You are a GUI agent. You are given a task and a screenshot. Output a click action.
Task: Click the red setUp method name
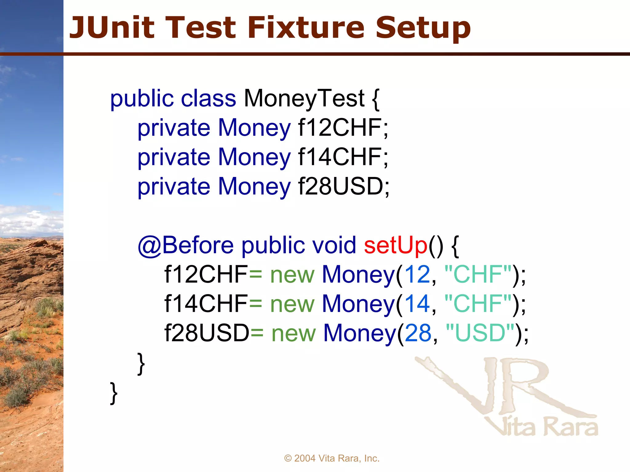[396, 245]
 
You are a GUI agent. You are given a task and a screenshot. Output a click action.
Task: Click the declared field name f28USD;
[344, 187]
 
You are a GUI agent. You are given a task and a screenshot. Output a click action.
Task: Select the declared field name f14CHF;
[343, 157]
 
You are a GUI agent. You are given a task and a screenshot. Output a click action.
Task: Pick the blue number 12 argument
[417, 274]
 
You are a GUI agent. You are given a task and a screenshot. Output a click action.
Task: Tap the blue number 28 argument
[418, 333]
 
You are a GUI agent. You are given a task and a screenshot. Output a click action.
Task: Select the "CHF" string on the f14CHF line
[478, 304]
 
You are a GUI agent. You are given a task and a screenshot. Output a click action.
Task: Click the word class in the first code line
[208, 98]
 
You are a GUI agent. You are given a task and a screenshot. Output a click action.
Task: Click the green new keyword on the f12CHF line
[292, 274]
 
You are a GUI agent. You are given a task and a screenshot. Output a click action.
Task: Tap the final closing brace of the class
[114, 393]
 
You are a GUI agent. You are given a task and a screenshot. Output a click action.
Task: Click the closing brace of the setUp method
[141, 364]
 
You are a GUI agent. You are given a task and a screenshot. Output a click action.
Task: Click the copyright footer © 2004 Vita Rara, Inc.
[332, 458]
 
